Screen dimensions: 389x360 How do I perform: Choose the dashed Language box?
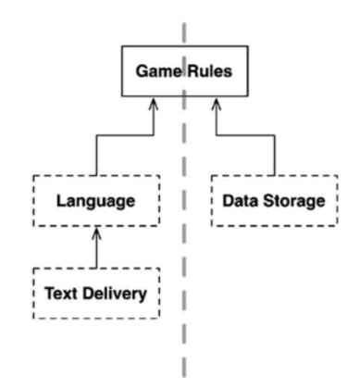(x=95, y=200)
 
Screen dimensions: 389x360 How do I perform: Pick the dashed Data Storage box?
(x=275, y=200)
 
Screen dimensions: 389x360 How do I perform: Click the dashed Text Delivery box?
(x=95, y=294)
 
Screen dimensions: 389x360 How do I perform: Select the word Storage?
(x=293, y=200)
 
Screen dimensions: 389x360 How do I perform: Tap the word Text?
(x=61, y=294)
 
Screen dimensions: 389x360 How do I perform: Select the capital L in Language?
(x=60, y=200)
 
